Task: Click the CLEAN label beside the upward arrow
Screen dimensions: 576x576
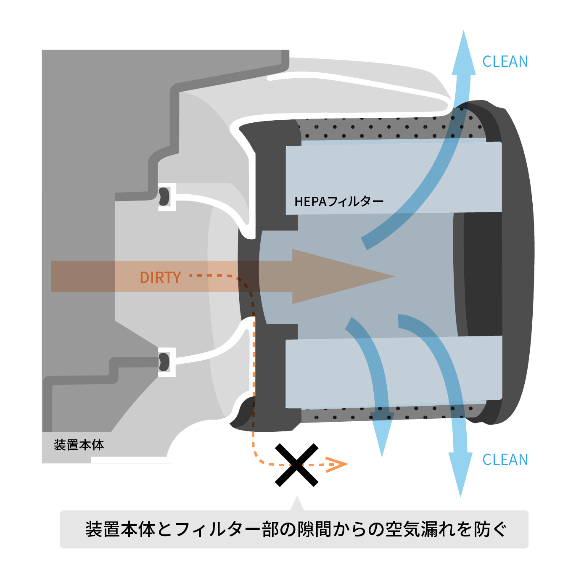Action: [505, 62]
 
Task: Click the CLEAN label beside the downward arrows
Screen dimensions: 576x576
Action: [505, 460]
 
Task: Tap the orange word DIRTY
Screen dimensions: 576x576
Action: [160, 277]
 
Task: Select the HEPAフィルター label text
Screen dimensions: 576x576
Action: [339, 202]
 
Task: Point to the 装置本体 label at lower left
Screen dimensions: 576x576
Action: [79, 445]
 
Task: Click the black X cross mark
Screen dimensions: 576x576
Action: [296, 465]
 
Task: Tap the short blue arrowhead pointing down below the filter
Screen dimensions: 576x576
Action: [382, 437]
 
